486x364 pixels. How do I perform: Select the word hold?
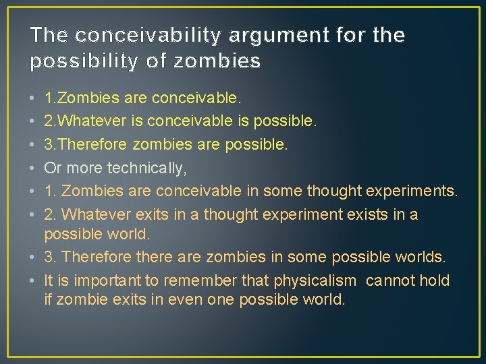pos(436,280)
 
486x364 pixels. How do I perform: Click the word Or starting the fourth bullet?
pos(52,169)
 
